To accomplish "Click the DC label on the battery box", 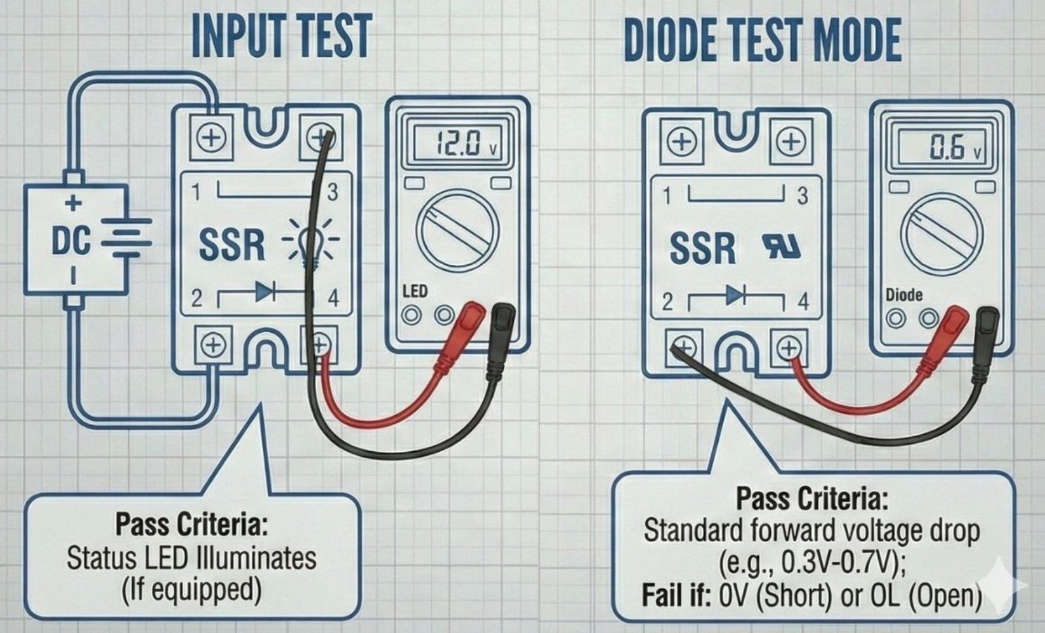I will [x=71, y=241].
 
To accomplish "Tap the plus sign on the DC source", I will [x=74, y=203].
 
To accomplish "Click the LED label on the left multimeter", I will [x=415, y=290].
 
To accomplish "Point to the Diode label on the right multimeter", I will [x=904, y=294].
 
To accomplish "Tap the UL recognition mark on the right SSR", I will [x=782, y=247].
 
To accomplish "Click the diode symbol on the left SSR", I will [x=264, y=292].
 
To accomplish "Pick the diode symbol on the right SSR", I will [x=735, y=296].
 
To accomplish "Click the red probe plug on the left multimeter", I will [x=469, y=317].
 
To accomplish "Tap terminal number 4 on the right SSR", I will [x=803, y=301].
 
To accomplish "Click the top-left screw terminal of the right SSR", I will [x=682, y=141].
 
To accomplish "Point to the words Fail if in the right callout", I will [x=675, y=595].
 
